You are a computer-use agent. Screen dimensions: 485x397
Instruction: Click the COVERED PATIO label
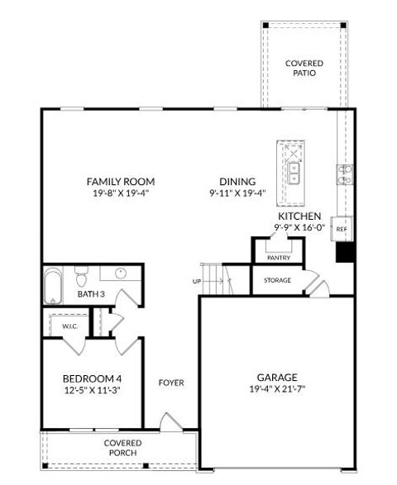304,69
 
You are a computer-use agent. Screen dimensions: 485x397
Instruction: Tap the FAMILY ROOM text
121,182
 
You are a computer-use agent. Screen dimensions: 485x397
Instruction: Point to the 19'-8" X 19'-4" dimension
121,194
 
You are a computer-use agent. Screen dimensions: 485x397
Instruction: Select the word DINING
237,182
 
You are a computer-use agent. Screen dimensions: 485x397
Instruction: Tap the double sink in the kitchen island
293,173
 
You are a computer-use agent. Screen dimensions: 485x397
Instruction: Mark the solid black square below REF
345,252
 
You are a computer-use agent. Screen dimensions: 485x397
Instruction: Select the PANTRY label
278,258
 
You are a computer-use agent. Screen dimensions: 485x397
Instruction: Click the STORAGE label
277,281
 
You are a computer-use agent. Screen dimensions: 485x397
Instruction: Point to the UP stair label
196,282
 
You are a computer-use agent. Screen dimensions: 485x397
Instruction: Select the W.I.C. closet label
69,326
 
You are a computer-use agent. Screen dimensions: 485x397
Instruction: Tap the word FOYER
171,383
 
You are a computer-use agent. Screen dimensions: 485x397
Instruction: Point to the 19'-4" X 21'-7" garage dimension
276,389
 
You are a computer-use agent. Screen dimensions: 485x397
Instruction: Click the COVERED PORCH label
122,449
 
